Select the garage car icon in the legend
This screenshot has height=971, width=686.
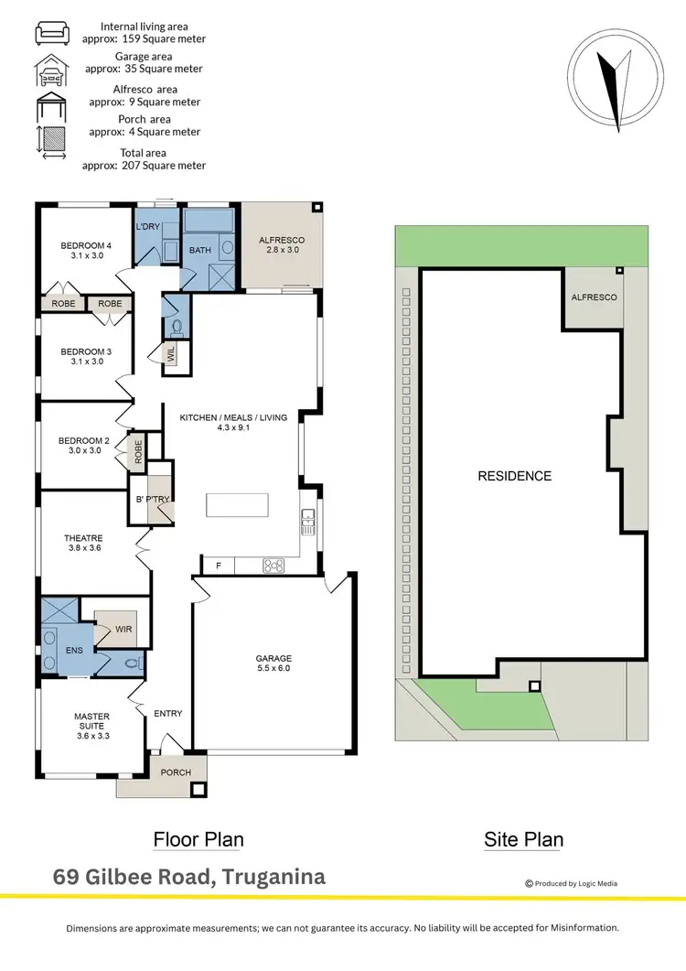click(x=50, y=66)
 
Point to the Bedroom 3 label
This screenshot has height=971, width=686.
click(x=86, y=356)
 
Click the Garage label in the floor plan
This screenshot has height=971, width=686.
click(x=273, y=664)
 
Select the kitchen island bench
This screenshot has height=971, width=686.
click(x=238, y=505)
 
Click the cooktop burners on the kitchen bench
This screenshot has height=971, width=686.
click(x=273, y=566)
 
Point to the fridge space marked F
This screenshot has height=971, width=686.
click(x=218, y=566)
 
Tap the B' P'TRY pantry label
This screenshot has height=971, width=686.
click(x=149, y=499)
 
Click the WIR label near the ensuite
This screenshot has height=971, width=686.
click(x=123, y=629)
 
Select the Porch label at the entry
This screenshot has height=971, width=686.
click(x=176, y=772)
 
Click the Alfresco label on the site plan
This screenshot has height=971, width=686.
click(x=594, y=297)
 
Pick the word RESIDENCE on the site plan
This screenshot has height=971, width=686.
click(x=515, y=476)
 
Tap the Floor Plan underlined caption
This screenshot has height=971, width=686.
click(x=198, y=839)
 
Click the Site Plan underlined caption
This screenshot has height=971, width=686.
click(x=523, y=839)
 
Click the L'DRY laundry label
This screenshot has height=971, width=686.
click(x=148, y=226)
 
